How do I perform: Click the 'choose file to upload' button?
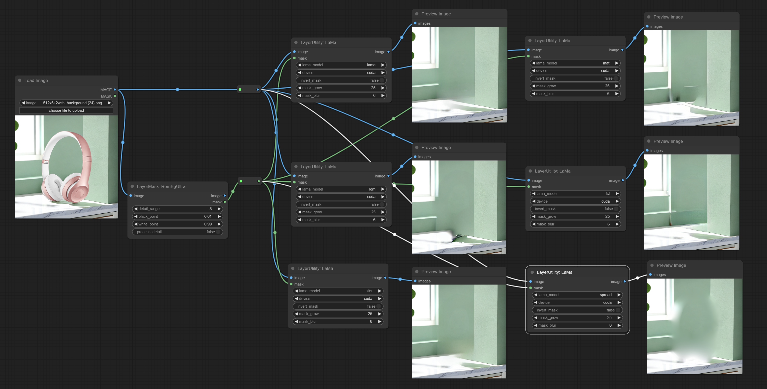pyautogui.click(x=66, y=110)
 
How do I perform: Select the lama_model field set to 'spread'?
pyautogui.click(x=577, y=295)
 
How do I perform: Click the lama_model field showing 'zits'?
pyautogui.click(x=338, y=291)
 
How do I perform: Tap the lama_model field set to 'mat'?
pyautogui.click(x=575, y=63)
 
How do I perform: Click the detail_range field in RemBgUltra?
pyautogui.click(x=177, y=209)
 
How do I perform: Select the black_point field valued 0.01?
pyautogui.click(x=177, y=217)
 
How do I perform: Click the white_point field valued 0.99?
pyautogui.click(x=177, y=224)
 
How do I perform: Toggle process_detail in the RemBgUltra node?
pyautogui.click(x=177, y=232)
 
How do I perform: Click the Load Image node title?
pyautogui.click(x=36, y=80)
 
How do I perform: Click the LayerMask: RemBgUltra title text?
pyautogui.click(x=161, y=187)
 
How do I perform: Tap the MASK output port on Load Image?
pyautogui.click(x=115, y=96)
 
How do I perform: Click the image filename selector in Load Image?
pyautogui.click(x=66, y=103)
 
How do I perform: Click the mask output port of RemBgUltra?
pyautogui.click(x=225, y=202)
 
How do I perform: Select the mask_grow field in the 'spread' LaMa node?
pyautogui.click(x=577, y=318)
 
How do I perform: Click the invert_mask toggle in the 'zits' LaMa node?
pyautogui.click(x=338, y=306)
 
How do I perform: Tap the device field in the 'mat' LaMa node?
pyautogui.click(x=575, y=71)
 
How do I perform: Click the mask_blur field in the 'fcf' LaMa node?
pyautogui.click(x=575, y=224)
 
